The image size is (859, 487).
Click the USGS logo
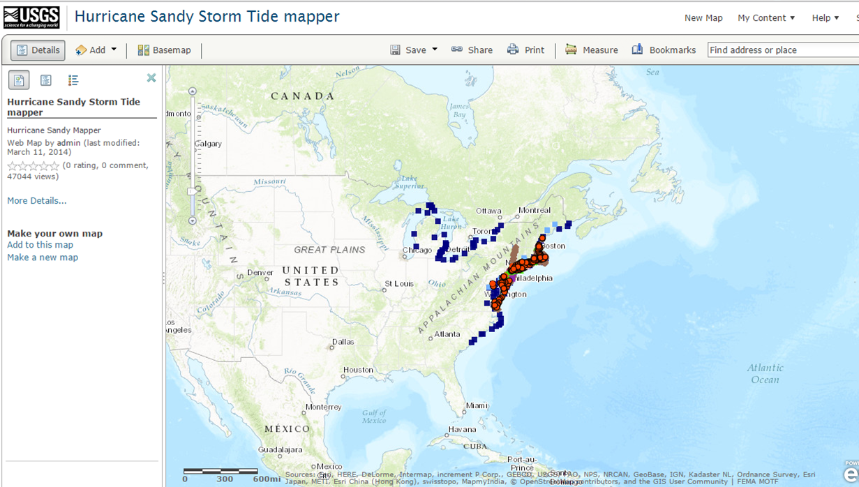(x=31, y=17)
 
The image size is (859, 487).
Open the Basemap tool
(x=164, y=50)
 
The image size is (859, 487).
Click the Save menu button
(x=414, y=50)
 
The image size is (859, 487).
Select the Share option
(x=472, y=50)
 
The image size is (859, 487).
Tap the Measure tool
(x=592, y=50)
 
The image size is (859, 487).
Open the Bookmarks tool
(x=664, y=50)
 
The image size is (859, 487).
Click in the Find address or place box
(x=782, y=50)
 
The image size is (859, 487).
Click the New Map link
(x=703, y=18)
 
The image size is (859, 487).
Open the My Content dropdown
(x=766, y=18)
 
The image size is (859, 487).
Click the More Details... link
(x=37, y=201)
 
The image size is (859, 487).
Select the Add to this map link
(x=40, y=245)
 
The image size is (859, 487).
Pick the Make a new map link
(x=43, y=257)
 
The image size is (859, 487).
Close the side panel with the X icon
(x=151, y=78)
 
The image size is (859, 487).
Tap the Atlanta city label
(x=447, y=334)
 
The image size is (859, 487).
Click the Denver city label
(x=260, y=272)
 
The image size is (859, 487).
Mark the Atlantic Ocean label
(x=765, y=374)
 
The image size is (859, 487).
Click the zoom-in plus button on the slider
(x=193, y=91)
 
